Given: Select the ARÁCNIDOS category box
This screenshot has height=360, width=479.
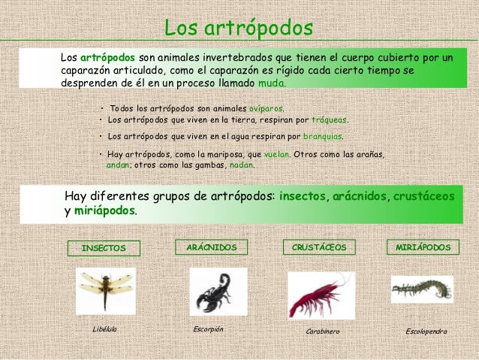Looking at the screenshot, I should (x=211, y=247).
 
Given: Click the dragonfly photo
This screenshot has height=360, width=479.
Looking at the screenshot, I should (x=105, y=290).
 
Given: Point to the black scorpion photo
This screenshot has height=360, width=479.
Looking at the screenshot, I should (x=218, y=292).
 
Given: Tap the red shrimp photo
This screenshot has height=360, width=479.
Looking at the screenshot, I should (x=321, y=295).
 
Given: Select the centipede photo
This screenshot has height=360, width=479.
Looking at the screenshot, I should (x=421, y=289).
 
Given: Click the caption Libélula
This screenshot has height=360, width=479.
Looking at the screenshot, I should (x=104, y=329).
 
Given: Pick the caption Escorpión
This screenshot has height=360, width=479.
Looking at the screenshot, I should (x=208, y=329).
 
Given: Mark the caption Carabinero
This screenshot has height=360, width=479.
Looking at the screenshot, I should (x=324, y=331).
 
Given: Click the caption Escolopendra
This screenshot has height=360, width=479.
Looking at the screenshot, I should (x=426, y=331).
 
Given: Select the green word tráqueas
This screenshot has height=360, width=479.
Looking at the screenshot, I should (x=330, y=119).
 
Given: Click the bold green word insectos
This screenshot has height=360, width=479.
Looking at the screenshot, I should (x=303, y=195).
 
